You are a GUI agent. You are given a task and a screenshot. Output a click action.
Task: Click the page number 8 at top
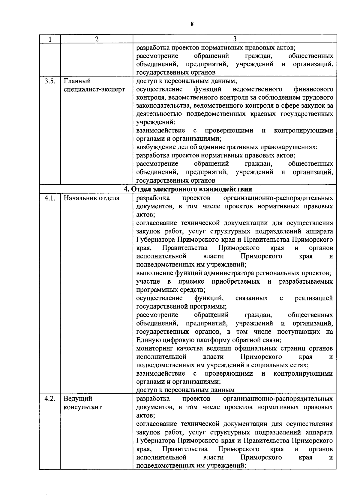192,24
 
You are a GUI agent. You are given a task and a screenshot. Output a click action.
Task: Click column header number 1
50,39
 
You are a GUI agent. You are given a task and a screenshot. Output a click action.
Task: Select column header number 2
96,39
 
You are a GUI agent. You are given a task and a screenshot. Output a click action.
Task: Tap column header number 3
235,39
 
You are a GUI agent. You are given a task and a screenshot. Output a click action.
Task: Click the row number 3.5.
50,81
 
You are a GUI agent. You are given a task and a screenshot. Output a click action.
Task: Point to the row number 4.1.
50,198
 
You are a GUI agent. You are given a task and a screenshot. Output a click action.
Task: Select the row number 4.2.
50,399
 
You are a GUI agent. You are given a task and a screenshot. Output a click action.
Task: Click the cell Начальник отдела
91,198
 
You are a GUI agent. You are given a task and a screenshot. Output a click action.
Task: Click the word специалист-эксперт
94,90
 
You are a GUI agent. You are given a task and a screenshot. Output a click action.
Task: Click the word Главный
77,81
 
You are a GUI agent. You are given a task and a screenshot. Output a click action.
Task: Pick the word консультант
82,407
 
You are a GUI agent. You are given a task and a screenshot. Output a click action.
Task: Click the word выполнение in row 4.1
154,273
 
